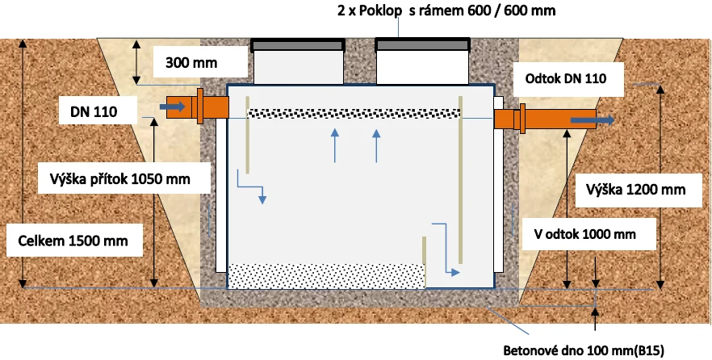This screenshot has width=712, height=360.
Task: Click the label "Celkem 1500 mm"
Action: (73, 241)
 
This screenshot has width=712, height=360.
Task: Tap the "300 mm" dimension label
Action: (191, 63)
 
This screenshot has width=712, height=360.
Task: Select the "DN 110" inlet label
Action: (94, 111)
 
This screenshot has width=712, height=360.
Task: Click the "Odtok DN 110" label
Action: (566, 78)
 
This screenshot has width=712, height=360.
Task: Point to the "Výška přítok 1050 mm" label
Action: (119, 178)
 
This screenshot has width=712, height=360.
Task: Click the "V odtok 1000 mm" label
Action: (584, 234)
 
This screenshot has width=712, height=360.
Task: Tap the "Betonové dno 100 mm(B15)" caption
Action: (584, 351)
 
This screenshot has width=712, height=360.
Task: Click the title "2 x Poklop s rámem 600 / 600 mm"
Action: (446, 10)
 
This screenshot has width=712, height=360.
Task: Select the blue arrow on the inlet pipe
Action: (172, 107)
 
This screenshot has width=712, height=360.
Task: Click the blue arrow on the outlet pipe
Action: (593, 119)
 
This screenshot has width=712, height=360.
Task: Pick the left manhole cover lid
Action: (298, 44)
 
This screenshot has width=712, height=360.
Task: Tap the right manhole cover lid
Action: (422, 44)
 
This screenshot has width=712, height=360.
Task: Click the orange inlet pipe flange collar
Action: (200, 107)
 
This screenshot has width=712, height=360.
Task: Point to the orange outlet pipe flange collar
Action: (522, 119)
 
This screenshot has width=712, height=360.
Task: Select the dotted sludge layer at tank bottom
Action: (326, 275)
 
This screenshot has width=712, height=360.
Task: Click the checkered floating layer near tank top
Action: (354, 114)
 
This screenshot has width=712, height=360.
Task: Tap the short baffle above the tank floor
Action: (424, 262)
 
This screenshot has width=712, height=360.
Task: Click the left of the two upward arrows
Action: (335, 145)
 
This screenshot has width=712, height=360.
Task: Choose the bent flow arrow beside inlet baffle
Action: (250, 186)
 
